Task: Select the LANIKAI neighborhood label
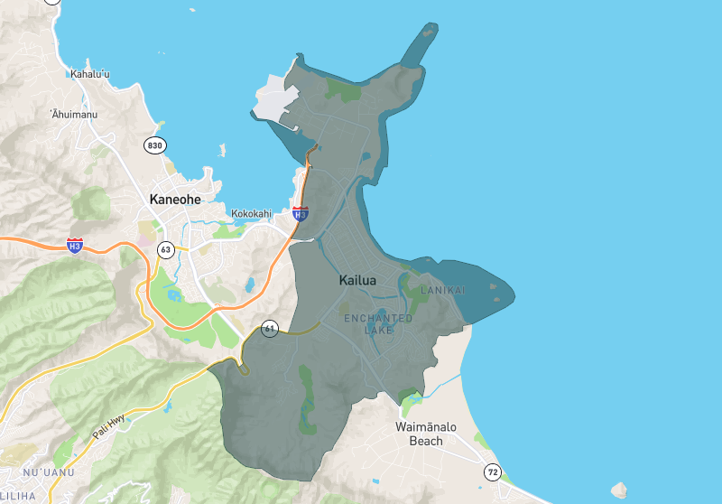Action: [x=443, y=290]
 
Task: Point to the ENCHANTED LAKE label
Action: [x=378, y=324]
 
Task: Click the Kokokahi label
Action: [x=252, y=214]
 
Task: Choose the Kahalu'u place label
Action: [x=90, y=73]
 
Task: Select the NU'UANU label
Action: [x=44, y=473]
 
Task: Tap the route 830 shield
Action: [x=155, y=145]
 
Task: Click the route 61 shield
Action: [x=270, y=329]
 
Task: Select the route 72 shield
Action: [x=492, y=471]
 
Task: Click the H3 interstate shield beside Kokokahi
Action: [x=301, y=213]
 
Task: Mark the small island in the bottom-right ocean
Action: [x=619, y=490]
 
